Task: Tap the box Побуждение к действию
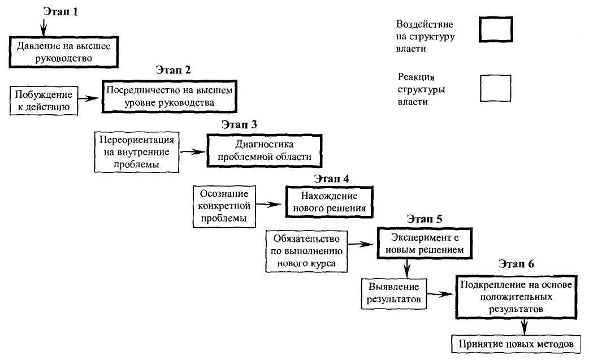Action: pyautogui.click(x=44, y=99)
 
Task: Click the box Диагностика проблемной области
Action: pyautogui.click(x=265, y=150)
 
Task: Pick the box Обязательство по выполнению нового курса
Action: pyautogui.click(x=306, y=250)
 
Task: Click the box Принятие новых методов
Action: pyautogui.click(x=516, y=344)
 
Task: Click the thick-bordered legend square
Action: pyautogui.click(x=496, y=29)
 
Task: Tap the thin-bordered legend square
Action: pyautogui.click(x=495, y=88)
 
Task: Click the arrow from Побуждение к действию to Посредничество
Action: pyautogui.click(x=89, y=98)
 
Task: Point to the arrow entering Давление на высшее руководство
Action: pyautogui.click(x=44, y=26)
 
